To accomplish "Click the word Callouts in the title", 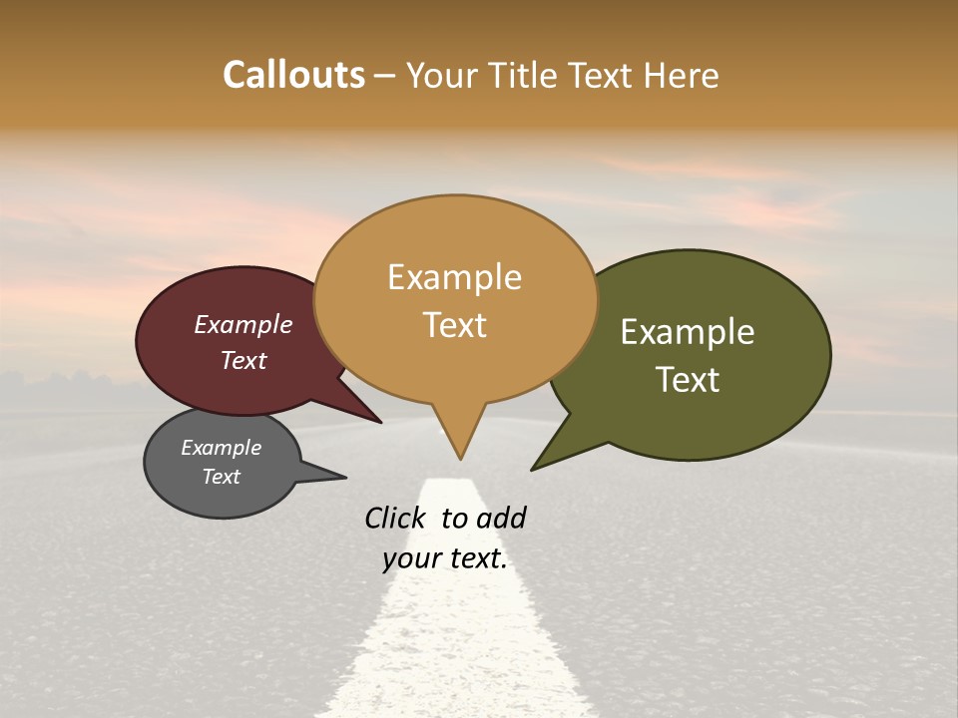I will coord(293,75).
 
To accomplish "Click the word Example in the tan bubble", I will coord(454,277).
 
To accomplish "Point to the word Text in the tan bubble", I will coord(454,325).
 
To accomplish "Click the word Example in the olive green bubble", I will coord(688,332).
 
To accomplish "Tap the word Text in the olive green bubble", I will coord(688,380).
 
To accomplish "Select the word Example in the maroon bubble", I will coord(243,324).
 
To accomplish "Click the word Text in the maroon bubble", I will coord(243,360).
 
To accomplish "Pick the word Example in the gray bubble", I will coord(221,448).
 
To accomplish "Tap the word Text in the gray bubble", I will coord(221,477).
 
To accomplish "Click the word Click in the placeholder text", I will coord(395,518).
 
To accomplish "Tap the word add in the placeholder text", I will coord(501,518).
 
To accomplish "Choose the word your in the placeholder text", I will coord(409,558).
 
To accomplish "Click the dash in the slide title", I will coord(385,75).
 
